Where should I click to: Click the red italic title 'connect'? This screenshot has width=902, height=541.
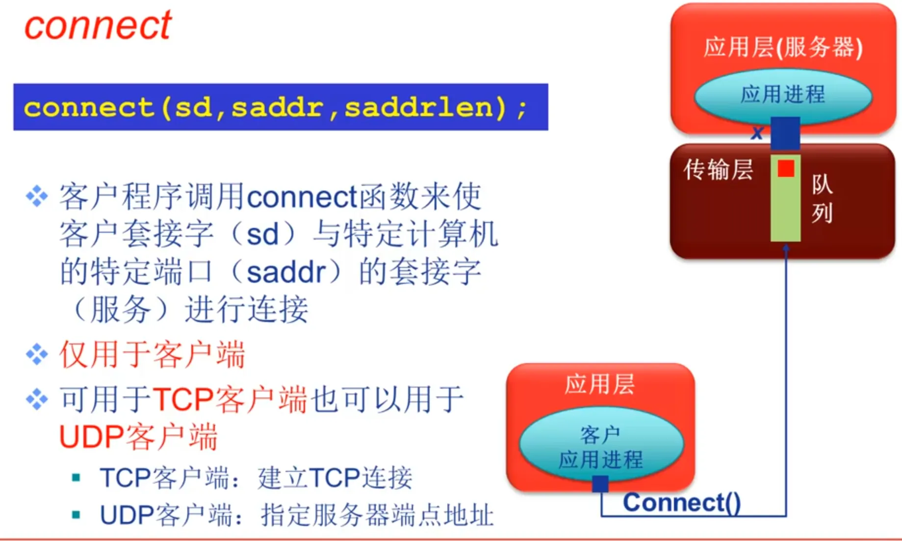click(98, 25)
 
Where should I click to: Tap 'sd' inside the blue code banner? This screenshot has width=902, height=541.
click(193, 107)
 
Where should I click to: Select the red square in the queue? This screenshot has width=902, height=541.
click(786, 169)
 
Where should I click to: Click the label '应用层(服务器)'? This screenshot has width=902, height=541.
click(783, 48)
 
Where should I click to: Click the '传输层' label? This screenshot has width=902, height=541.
click(719, 170)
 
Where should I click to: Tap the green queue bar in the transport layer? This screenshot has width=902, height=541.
click(786, 198)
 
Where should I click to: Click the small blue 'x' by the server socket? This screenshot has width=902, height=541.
click(757, 132)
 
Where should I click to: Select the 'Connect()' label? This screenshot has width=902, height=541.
click(682, 502)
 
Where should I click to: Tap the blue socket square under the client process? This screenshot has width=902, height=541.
click(600, 484)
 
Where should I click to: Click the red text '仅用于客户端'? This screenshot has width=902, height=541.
click(153, 354)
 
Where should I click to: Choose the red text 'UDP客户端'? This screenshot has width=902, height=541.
click(138, 437)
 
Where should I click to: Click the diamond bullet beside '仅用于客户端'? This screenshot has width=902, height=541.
click(37, 354)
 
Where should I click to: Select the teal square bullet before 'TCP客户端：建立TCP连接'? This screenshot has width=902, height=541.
click(76, 477)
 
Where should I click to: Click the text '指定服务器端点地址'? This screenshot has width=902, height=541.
click(377, 515)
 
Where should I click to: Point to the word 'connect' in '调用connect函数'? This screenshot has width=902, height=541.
click(302, 197)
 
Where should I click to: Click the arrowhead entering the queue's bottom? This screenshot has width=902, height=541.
click(786, 248)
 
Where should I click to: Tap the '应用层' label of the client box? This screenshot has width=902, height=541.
click(600, 384)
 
